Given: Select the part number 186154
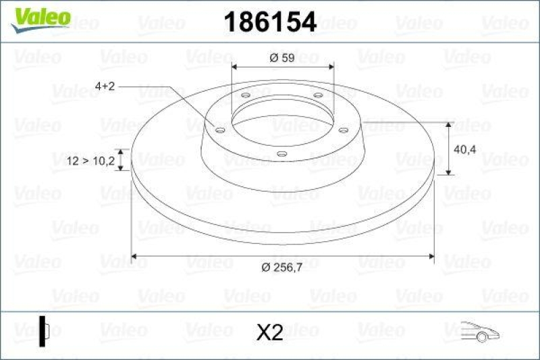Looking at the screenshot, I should coord(269,22).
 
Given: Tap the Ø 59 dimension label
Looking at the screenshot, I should coord(282,58).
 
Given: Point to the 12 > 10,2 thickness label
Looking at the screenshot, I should coord(90,160).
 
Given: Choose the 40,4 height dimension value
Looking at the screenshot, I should coord(467,149).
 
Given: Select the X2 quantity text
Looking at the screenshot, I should coord(270,332).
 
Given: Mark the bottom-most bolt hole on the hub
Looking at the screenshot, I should coord(282,155).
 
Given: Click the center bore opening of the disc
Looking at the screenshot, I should coord(281,122).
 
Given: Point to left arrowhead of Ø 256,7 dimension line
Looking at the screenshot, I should coord(135,257).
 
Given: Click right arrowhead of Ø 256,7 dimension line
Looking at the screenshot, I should coord(430,257).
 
